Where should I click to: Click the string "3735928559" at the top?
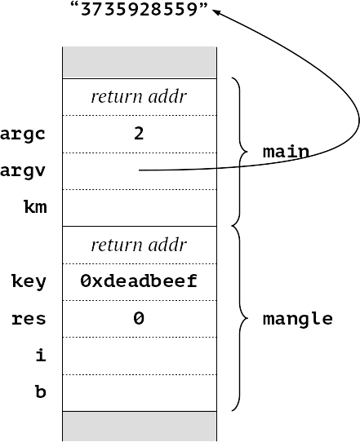pos(139,9)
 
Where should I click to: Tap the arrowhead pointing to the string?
pos(216,12)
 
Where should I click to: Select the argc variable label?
pos(23,135)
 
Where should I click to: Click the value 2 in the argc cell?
pos(139,134)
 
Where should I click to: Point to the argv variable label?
pos(23,170)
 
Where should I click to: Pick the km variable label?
pos(35,207)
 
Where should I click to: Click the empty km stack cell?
pos(140,208)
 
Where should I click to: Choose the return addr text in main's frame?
pos(139,97)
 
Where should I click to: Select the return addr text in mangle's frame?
pos(139,245)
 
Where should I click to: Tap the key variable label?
pos(29,282)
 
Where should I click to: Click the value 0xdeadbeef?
pos(139,281)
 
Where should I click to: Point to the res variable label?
pos(29,319)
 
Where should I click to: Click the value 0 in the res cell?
pos(139,318)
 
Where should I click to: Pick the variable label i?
pos(41,355)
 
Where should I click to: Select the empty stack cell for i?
pos(140,356)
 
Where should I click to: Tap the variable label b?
pos(41,391)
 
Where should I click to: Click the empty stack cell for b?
pos(140,393)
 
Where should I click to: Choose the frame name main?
pos(286,152)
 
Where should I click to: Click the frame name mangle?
pos(298,320)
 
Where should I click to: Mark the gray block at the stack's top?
pos(140,63)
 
